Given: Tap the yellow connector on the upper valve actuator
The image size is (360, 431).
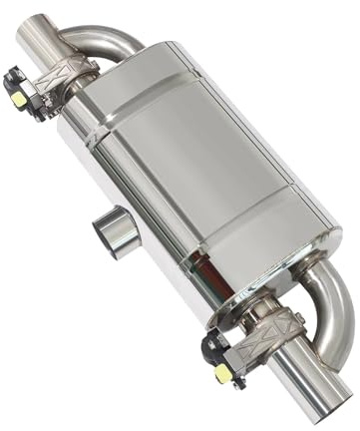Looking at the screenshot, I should click(19, 98).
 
